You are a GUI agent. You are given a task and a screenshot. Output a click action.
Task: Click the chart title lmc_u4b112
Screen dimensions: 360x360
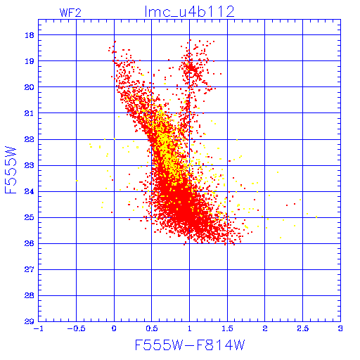pos(189,12)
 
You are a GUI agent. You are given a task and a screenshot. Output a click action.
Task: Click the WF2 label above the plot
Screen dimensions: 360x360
pos(70,13)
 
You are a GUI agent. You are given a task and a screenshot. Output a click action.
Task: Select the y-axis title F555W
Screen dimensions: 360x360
pos(11,170)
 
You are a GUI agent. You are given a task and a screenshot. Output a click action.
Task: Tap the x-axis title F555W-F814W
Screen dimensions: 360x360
pos(190,345)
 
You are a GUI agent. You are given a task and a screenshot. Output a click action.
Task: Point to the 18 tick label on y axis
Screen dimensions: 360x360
pos(30,35)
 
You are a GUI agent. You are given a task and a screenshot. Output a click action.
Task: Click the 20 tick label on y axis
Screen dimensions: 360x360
pos(30,87)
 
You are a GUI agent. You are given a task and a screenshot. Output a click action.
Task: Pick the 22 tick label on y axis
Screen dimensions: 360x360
pos(30,139)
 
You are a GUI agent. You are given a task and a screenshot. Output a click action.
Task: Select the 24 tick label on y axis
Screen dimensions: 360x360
pos(30,191)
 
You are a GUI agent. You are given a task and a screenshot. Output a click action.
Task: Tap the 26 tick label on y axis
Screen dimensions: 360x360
pos(30,243)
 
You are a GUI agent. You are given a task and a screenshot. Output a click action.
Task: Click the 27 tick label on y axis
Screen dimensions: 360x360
pos(30,269)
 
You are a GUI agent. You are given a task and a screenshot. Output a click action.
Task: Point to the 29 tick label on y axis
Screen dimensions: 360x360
pos(30,321)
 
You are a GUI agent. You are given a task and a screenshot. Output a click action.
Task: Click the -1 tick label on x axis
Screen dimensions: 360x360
pos(38,328)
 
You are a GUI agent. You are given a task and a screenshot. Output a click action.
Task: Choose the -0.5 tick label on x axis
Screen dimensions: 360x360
pos(76,328)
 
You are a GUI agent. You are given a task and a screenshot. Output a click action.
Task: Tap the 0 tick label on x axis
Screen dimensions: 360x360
pos(114,328)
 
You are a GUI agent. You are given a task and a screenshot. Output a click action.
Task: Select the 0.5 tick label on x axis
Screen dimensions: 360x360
pos(152,328)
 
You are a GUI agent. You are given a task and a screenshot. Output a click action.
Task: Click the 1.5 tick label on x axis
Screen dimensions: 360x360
pos(227,328)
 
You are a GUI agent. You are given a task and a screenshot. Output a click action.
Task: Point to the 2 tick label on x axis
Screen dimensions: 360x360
pos(265,328)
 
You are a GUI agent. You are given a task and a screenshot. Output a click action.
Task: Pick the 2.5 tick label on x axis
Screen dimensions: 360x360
pos(302,328)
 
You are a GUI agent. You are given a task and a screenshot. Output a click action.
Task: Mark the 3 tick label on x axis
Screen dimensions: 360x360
pos(340,328)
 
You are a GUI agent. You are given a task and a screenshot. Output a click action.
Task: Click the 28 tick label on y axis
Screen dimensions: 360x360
pos(30,295)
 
